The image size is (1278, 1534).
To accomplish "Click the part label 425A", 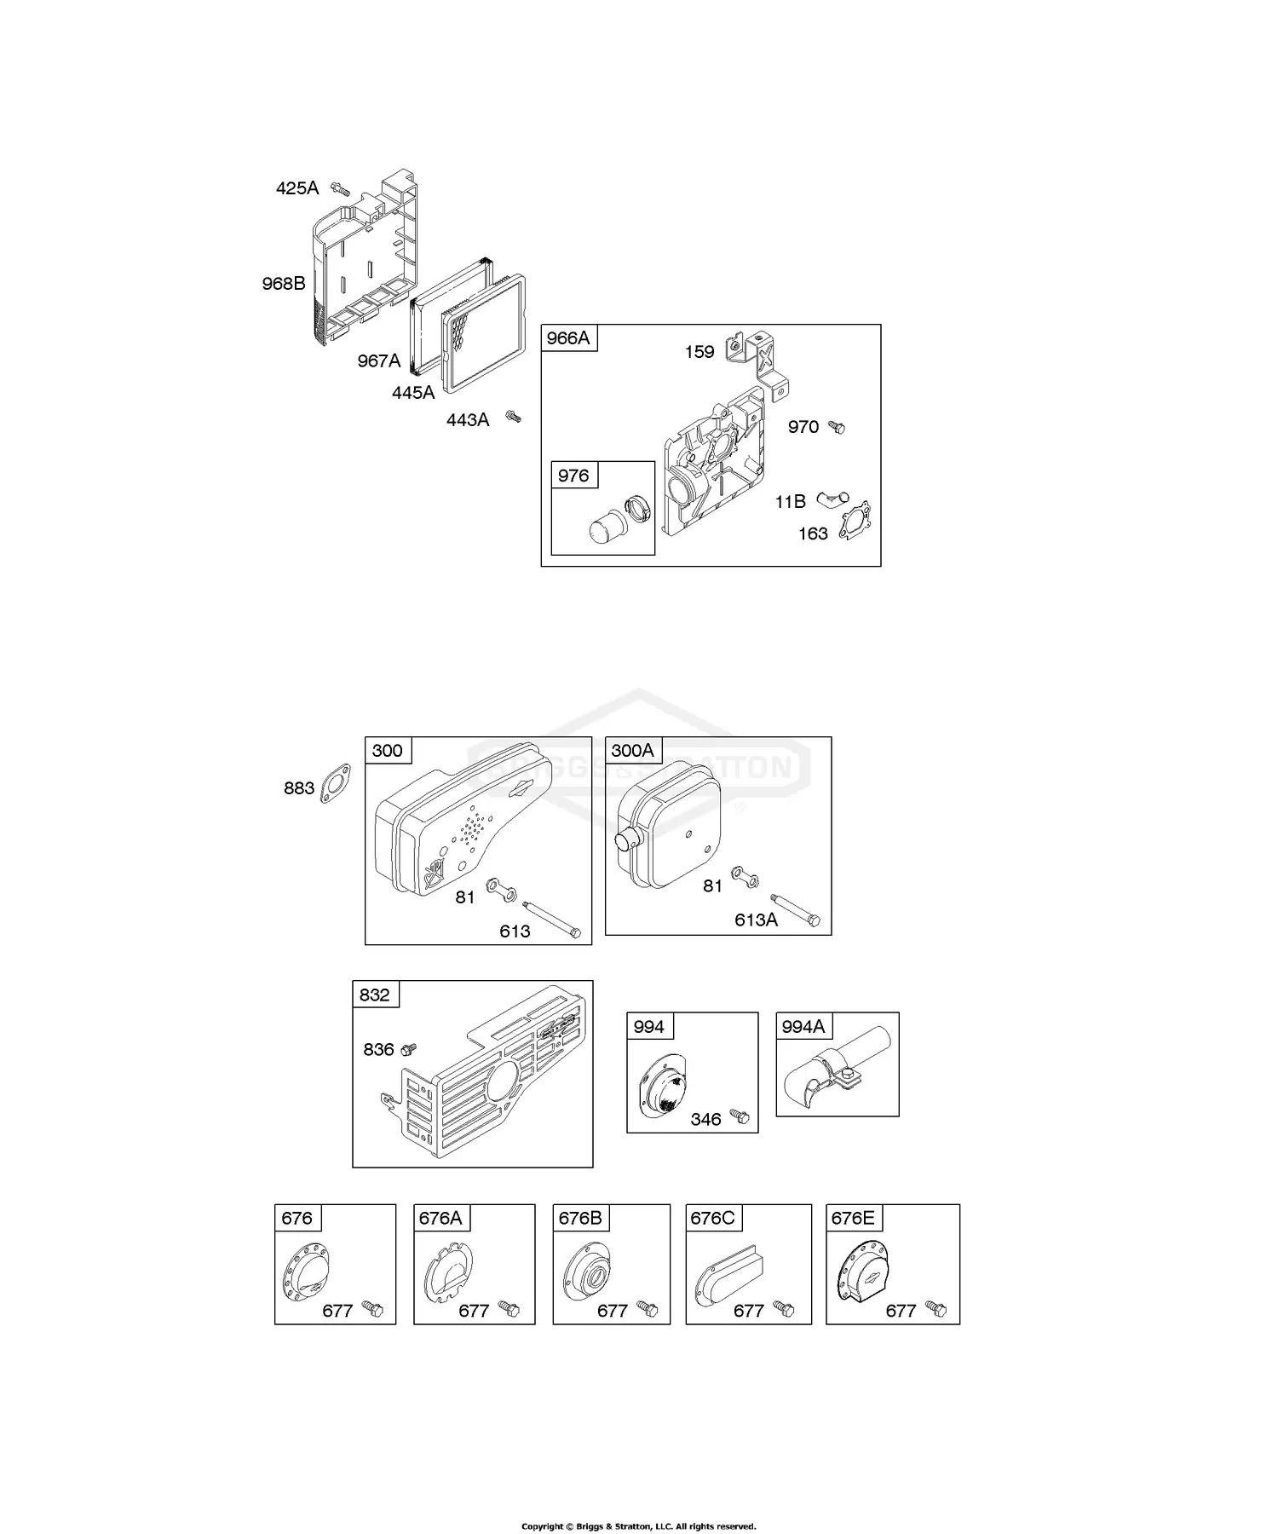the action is coord(296,188).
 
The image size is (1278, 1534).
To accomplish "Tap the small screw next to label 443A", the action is coord(513,416).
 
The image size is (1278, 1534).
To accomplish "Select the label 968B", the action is coord(284,284).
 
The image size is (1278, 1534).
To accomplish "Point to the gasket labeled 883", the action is coord(336,784).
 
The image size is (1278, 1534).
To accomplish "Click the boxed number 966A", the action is coord(567,338).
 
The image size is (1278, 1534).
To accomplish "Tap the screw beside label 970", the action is coord(837,427).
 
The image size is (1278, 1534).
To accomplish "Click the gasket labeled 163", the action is coord(854,521).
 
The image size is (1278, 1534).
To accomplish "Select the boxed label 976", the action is coord(573,476).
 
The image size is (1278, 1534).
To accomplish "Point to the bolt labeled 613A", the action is coord(797,908).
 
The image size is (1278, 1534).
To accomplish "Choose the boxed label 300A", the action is coord(632,750).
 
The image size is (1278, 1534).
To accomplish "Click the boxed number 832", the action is coord(375,995).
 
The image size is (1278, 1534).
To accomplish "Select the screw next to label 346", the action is coord(740,1116).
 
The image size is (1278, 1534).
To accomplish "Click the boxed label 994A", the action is coord(803,1027).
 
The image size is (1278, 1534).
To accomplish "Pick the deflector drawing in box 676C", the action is coord(729,1278).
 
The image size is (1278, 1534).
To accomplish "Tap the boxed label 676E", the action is coord(853,1218).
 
